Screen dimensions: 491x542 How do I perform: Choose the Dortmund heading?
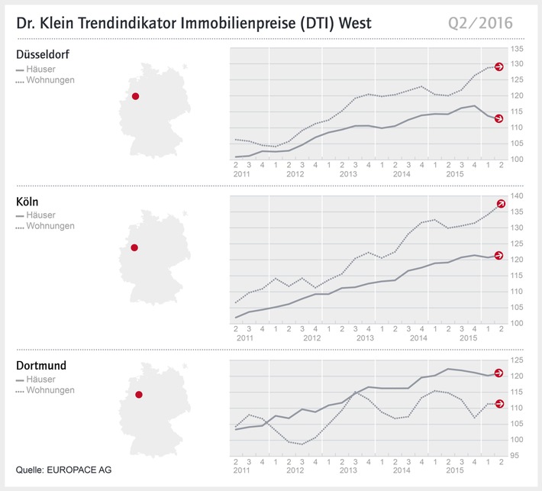click(x=41, y=366)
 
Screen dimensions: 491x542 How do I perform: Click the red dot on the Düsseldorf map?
click(x=136, y=96)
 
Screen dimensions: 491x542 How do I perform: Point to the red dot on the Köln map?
click(x=134, y=247)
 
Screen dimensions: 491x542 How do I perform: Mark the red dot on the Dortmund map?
click(x=139, y=395)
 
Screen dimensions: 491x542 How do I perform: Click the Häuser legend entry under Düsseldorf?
click(x=44, y=68)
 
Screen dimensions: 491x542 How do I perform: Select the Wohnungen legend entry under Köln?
click(x=50, y=226)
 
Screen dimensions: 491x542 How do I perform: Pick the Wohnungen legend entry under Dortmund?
click(x=50, y=390)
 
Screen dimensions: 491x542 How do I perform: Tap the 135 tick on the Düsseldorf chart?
click(x=518, y=49)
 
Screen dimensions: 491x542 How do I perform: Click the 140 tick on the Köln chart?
click(x=518, y=196)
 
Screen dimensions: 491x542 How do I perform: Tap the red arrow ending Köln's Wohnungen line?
click(x=502, y=204)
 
